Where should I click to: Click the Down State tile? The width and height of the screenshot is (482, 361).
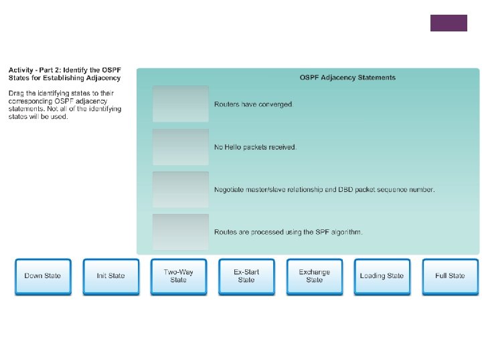[42, 276]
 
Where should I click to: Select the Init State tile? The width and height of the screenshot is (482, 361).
[110, 276]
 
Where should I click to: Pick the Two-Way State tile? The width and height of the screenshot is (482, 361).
[178, 276]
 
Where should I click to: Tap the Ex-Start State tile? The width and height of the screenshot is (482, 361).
[246, 276]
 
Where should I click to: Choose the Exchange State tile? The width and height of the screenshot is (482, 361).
[314, 276]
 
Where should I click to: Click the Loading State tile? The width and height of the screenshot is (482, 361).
[382, 276]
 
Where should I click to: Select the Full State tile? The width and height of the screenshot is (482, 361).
[450, 276]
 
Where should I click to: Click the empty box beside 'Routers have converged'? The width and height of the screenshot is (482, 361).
[180, 104]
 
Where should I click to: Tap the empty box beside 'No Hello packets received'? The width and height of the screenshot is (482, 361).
[180, 146]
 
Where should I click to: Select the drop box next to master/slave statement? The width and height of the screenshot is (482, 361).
[180, 189]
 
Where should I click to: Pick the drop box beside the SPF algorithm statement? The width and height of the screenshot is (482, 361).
[180, 232]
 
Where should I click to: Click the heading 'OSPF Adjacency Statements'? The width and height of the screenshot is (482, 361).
[347, 78]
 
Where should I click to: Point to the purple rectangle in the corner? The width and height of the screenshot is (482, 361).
[449, 23]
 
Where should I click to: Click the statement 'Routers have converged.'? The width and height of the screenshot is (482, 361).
[253, 104]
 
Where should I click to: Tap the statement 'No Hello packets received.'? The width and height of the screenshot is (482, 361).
[255, 147]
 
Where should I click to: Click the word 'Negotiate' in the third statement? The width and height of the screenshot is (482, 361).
[230, 190]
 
